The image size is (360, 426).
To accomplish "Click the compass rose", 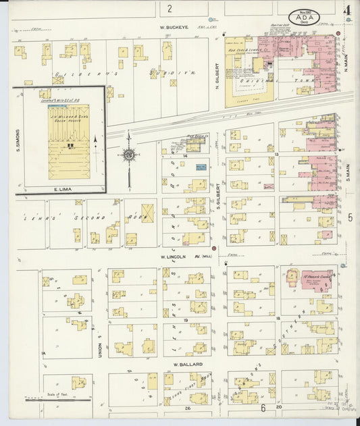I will pyautogui.click(x=128, y=155).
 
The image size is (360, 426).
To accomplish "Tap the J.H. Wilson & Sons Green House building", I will pyautogui.click(x=68, y=142).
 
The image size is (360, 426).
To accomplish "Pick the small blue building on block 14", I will pyautogui.click(x=201, y=166).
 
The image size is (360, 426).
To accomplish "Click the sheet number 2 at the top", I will pyautogui.click(x=170, y=8).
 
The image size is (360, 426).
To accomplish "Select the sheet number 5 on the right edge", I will pyautogui.click(x=350, y=217).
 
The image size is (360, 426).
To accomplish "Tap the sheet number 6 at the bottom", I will pyautogui.click(x=263, y=408).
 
